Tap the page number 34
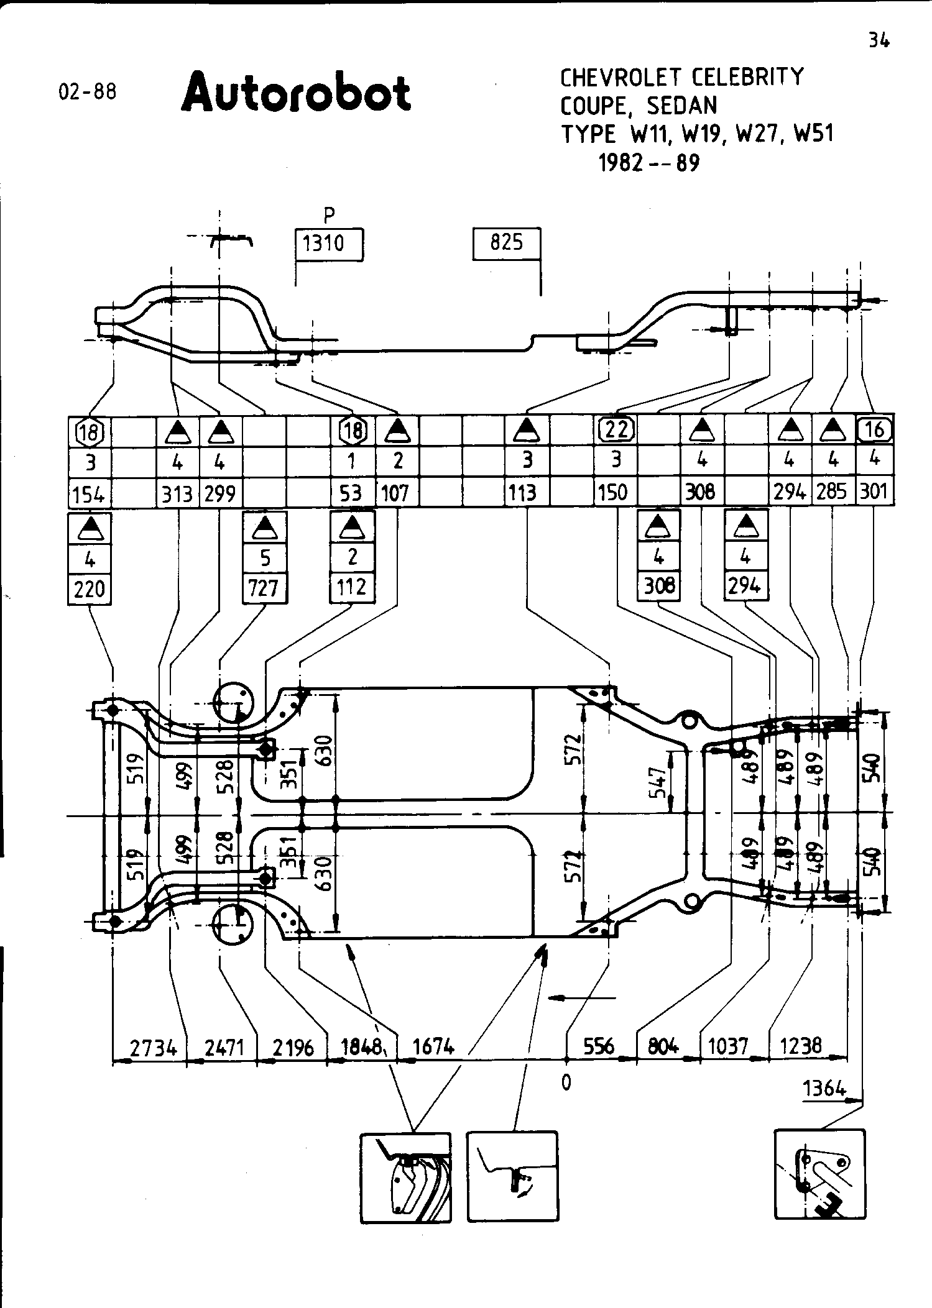coord(879,41)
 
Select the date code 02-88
coord(87,92)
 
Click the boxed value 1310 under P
coord(323,243)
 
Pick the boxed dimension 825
coord(506,242)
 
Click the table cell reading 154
coord(88,494)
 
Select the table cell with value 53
coord(351,493)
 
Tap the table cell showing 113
coord(522,493)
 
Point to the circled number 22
coord(616,429)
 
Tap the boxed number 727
coord(264,588)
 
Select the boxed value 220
coord(90,588)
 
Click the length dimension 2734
coord(153,1048)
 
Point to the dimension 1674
coord(433,1047)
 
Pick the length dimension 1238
coord(801,1046)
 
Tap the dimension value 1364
coord(824,1088)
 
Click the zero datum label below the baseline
coord(566,1082)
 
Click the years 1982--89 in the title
coord(648,163)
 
